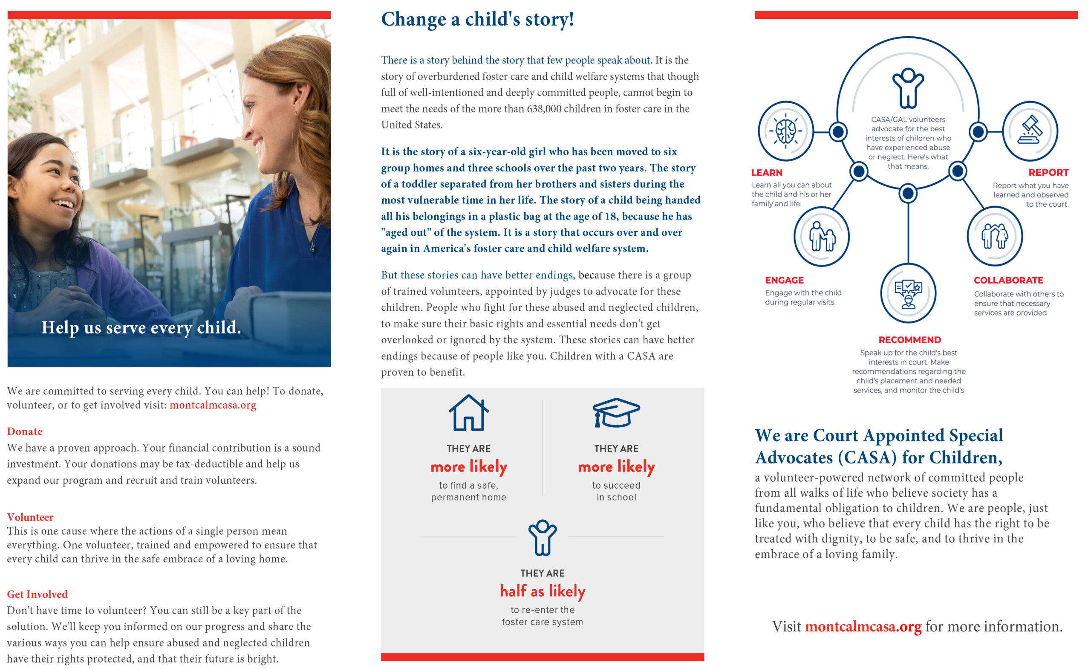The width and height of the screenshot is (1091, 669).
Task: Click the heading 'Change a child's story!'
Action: [477, 20]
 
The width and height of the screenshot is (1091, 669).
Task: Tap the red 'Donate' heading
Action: [25, 432]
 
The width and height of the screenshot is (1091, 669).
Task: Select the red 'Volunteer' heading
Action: [30, 517]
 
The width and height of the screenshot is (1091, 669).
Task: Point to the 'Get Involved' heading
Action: [37, 594]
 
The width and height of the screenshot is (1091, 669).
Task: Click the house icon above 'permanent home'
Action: [468, 413]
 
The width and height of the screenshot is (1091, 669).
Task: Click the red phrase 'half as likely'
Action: [543, 591]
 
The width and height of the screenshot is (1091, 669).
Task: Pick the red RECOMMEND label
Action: [909, 340]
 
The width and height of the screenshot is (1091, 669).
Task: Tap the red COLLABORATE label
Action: [1008, 281]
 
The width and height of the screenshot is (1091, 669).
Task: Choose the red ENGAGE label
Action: [784, 281]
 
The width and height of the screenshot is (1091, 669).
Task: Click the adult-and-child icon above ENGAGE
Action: [822, 237]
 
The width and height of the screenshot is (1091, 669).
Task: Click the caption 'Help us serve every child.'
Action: [141, 328]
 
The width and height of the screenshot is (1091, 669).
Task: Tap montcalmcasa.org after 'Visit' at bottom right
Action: [863, 626]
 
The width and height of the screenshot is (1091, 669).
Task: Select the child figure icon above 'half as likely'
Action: [543, 537]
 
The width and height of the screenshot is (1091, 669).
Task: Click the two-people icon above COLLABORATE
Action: [995, 237]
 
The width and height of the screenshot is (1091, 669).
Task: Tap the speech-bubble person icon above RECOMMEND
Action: [908, 293]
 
